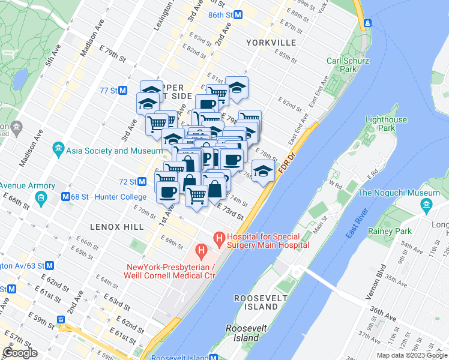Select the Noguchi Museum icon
[x=426, y=207]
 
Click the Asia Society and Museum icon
[x=58, y=148]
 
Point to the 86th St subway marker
[x=238, y=14]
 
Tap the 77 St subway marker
[x=123, y=91]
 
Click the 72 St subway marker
[x=142, y=181]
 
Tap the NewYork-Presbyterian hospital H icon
[x=201, y=250]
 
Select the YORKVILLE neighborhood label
[x=271, y=43]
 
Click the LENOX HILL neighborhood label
[x=116, y=227]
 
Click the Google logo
[x=20, y=353]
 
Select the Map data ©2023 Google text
[x=411, y=355]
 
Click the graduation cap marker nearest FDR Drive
[x=263, y=172]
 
